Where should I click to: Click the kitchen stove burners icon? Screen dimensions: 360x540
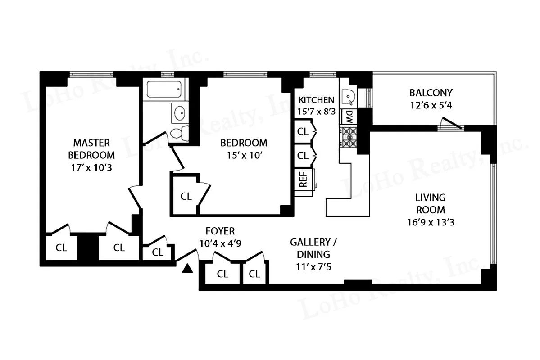348,137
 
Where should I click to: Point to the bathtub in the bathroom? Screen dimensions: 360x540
164,90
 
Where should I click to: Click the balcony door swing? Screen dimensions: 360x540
450,123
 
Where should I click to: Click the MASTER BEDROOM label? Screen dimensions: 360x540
91,149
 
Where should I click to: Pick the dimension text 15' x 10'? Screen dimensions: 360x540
243,155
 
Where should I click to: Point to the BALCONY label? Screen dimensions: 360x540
431,93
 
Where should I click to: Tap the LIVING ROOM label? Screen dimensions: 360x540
430,203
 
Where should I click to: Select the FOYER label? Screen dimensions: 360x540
220,231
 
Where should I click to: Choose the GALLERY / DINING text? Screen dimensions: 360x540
313,248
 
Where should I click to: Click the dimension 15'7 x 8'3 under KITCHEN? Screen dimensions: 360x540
316,111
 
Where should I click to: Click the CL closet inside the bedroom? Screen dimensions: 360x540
186,196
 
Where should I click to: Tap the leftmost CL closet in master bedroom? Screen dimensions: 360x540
61,247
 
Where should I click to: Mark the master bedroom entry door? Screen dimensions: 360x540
135,197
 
